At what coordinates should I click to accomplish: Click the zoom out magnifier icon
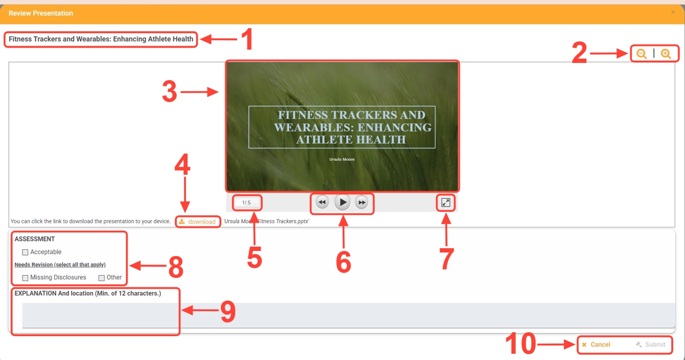tap(642, 54)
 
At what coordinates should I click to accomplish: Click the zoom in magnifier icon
tap(666, 54)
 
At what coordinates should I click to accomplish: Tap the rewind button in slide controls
tap(322, 202)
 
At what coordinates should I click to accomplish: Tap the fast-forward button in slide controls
tap(361, 202)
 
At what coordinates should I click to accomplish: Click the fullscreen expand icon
tap(446, 202)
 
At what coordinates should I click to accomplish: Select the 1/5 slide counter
tap(246, 202)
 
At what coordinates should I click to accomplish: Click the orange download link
tap(198, 222)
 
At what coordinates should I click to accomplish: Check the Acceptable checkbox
tap(25, 252)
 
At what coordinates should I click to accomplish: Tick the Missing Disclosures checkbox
tap(25, 278)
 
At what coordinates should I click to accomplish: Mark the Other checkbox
tap(102, 278)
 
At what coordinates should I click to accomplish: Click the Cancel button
tap(596, 345)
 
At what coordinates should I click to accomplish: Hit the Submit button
tap(651, 345)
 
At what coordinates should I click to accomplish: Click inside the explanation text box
tap(349, 315)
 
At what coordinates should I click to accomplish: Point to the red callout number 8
tap(176, 266)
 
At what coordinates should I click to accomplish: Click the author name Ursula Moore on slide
tap(342, 160)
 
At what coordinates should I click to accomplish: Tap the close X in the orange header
tap(673, 12)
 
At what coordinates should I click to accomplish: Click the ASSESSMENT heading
tap(34, 239)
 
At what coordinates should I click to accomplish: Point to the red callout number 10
tap(520, 344)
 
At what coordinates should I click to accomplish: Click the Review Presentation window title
tap(40, 13)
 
